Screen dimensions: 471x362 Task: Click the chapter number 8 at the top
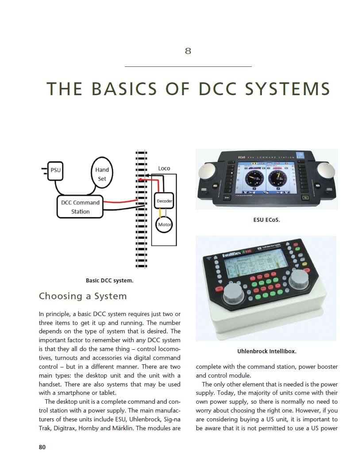point(188,51)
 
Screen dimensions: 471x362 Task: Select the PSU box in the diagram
point(55,170)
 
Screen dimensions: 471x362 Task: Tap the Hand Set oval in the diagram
point(102,174)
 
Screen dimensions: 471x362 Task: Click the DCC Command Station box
point(80,207)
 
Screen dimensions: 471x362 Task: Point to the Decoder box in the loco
point(164,201)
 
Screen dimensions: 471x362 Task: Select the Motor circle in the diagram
point(164,225)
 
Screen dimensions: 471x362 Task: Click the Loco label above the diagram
point(164,168)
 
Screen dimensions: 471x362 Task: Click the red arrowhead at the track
point(139,181)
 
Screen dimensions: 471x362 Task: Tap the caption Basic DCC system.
point(109,280)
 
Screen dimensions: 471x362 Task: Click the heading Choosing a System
point(83,296)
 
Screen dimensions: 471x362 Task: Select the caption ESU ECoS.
point(266,220)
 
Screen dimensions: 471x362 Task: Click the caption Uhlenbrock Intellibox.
point(266,351)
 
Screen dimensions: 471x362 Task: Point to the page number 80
point(42,447)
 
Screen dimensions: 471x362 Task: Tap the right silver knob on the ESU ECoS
point(327,170)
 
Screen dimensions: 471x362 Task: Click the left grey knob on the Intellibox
point(233,294)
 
